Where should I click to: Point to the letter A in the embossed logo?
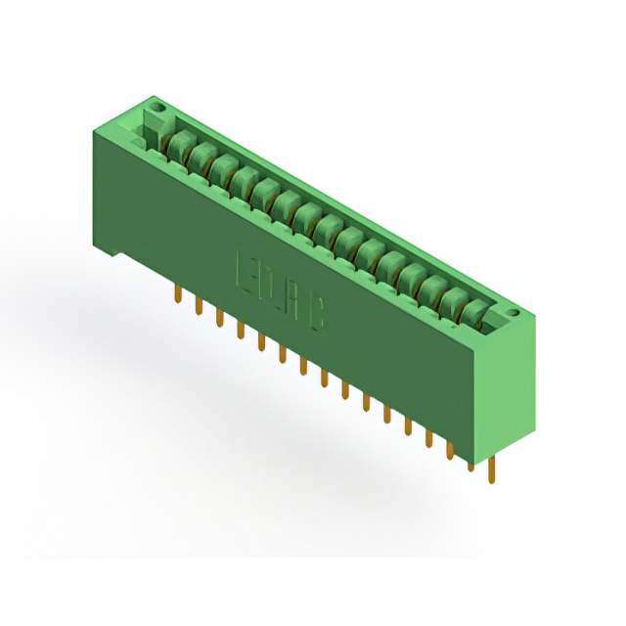point(292,299)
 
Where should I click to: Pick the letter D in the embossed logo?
point(267,284)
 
